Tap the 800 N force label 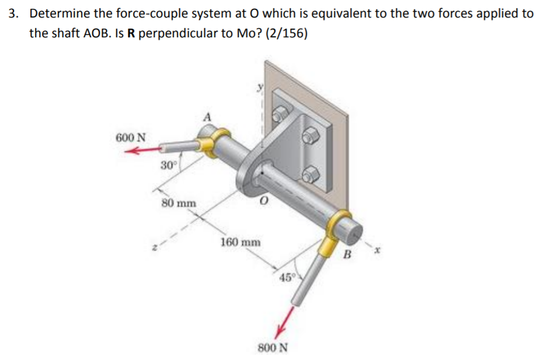[x=273, y=348]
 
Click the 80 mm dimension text [x=179, y=204]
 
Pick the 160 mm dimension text [x=240, y=242]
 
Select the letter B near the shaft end [x=347, y=254]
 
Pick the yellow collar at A [x=208, y=142]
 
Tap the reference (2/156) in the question [x=285, y=33]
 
